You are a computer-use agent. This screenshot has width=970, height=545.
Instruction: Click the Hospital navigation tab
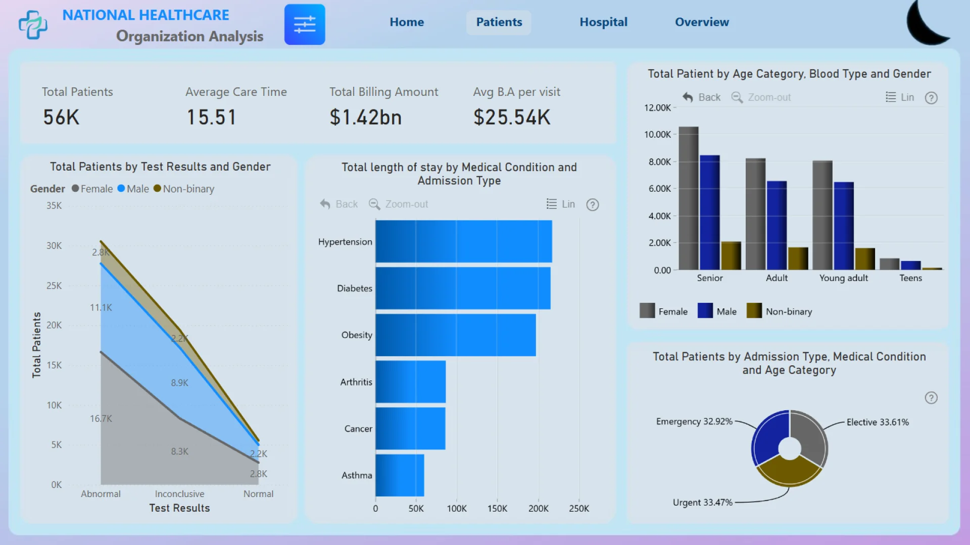603,22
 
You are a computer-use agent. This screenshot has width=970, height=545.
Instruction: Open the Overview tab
702,22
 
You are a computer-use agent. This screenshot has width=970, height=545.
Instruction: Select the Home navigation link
407,22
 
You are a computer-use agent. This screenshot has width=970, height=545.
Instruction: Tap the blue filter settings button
305,25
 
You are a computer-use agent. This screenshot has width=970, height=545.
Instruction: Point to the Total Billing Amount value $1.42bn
366,118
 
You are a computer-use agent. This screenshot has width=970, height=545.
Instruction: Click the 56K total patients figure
61,118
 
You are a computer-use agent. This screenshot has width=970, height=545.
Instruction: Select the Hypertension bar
463,241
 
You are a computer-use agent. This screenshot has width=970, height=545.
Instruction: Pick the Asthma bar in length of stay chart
400,475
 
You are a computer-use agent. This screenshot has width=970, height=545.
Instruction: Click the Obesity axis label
357,335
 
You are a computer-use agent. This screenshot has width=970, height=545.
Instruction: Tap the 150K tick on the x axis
497,509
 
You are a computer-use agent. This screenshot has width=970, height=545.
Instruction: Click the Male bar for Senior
709,212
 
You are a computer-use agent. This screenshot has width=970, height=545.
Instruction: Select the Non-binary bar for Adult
798,258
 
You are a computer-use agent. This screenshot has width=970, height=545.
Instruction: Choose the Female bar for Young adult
822,215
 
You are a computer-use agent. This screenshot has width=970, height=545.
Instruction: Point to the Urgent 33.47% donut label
702,503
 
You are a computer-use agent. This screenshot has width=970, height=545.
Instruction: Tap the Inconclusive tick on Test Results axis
179,494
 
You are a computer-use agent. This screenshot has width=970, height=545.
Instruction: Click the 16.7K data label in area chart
101,419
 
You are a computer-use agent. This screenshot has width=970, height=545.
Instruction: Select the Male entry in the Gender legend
133,189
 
